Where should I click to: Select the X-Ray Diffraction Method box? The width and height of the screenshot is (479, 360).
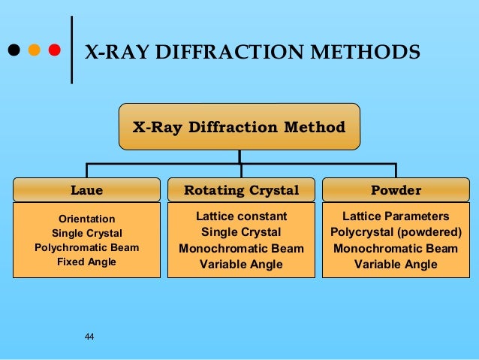239,127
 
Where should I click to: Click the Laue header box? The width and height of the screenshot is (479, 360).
87,189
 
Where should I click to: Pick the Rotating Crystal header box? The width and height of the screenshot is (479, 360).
241,189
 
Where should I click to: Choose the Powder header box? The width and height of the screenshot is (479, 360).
396,189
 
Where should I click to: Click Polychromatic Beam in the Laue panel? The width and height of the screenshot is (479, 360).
86,247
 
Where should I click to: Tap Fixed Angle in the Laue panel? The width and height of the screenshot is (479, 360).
86,262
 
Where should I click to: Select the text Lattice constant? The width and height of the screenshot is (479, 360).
241,216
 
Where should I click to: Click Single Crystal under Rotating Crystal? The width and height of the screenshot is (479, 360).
241,232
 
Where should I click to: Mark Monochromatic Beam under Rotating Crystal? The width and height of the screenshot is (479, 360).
241,249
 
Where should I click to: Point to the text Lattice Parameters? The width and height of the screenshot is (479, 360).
396,216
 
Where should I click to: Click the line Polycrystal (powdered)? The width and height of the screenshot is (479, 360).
396,232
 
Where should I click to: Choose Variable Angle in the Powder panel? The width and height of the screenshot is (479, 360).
396,265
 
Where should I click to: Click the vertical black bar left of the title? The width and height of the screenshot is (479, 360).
71,50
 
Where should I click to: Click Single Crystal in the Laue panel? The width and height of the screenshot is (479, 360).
86,233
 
